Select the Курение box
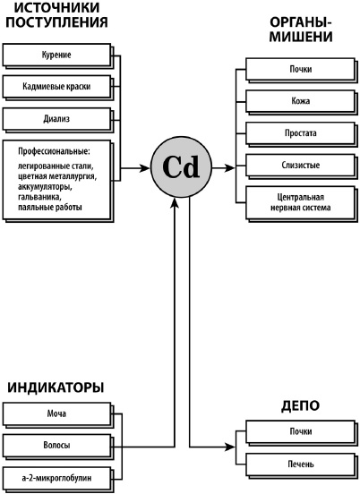click(56, 55)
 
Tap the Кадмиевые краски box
click(56, 87)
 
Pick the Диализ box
click(56, 118)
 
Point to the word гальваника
click(42, 198)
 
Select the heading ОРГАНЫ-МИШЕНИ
click(301, 29)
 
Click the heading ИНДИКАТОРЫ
click(56, 387)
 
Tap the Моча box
click(56, 413)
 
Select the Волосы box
click(56, 445)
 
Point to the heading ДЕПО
click(301, 405)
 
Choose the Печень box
click(301, 464)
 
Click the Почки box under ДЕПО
click(301, 432)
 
